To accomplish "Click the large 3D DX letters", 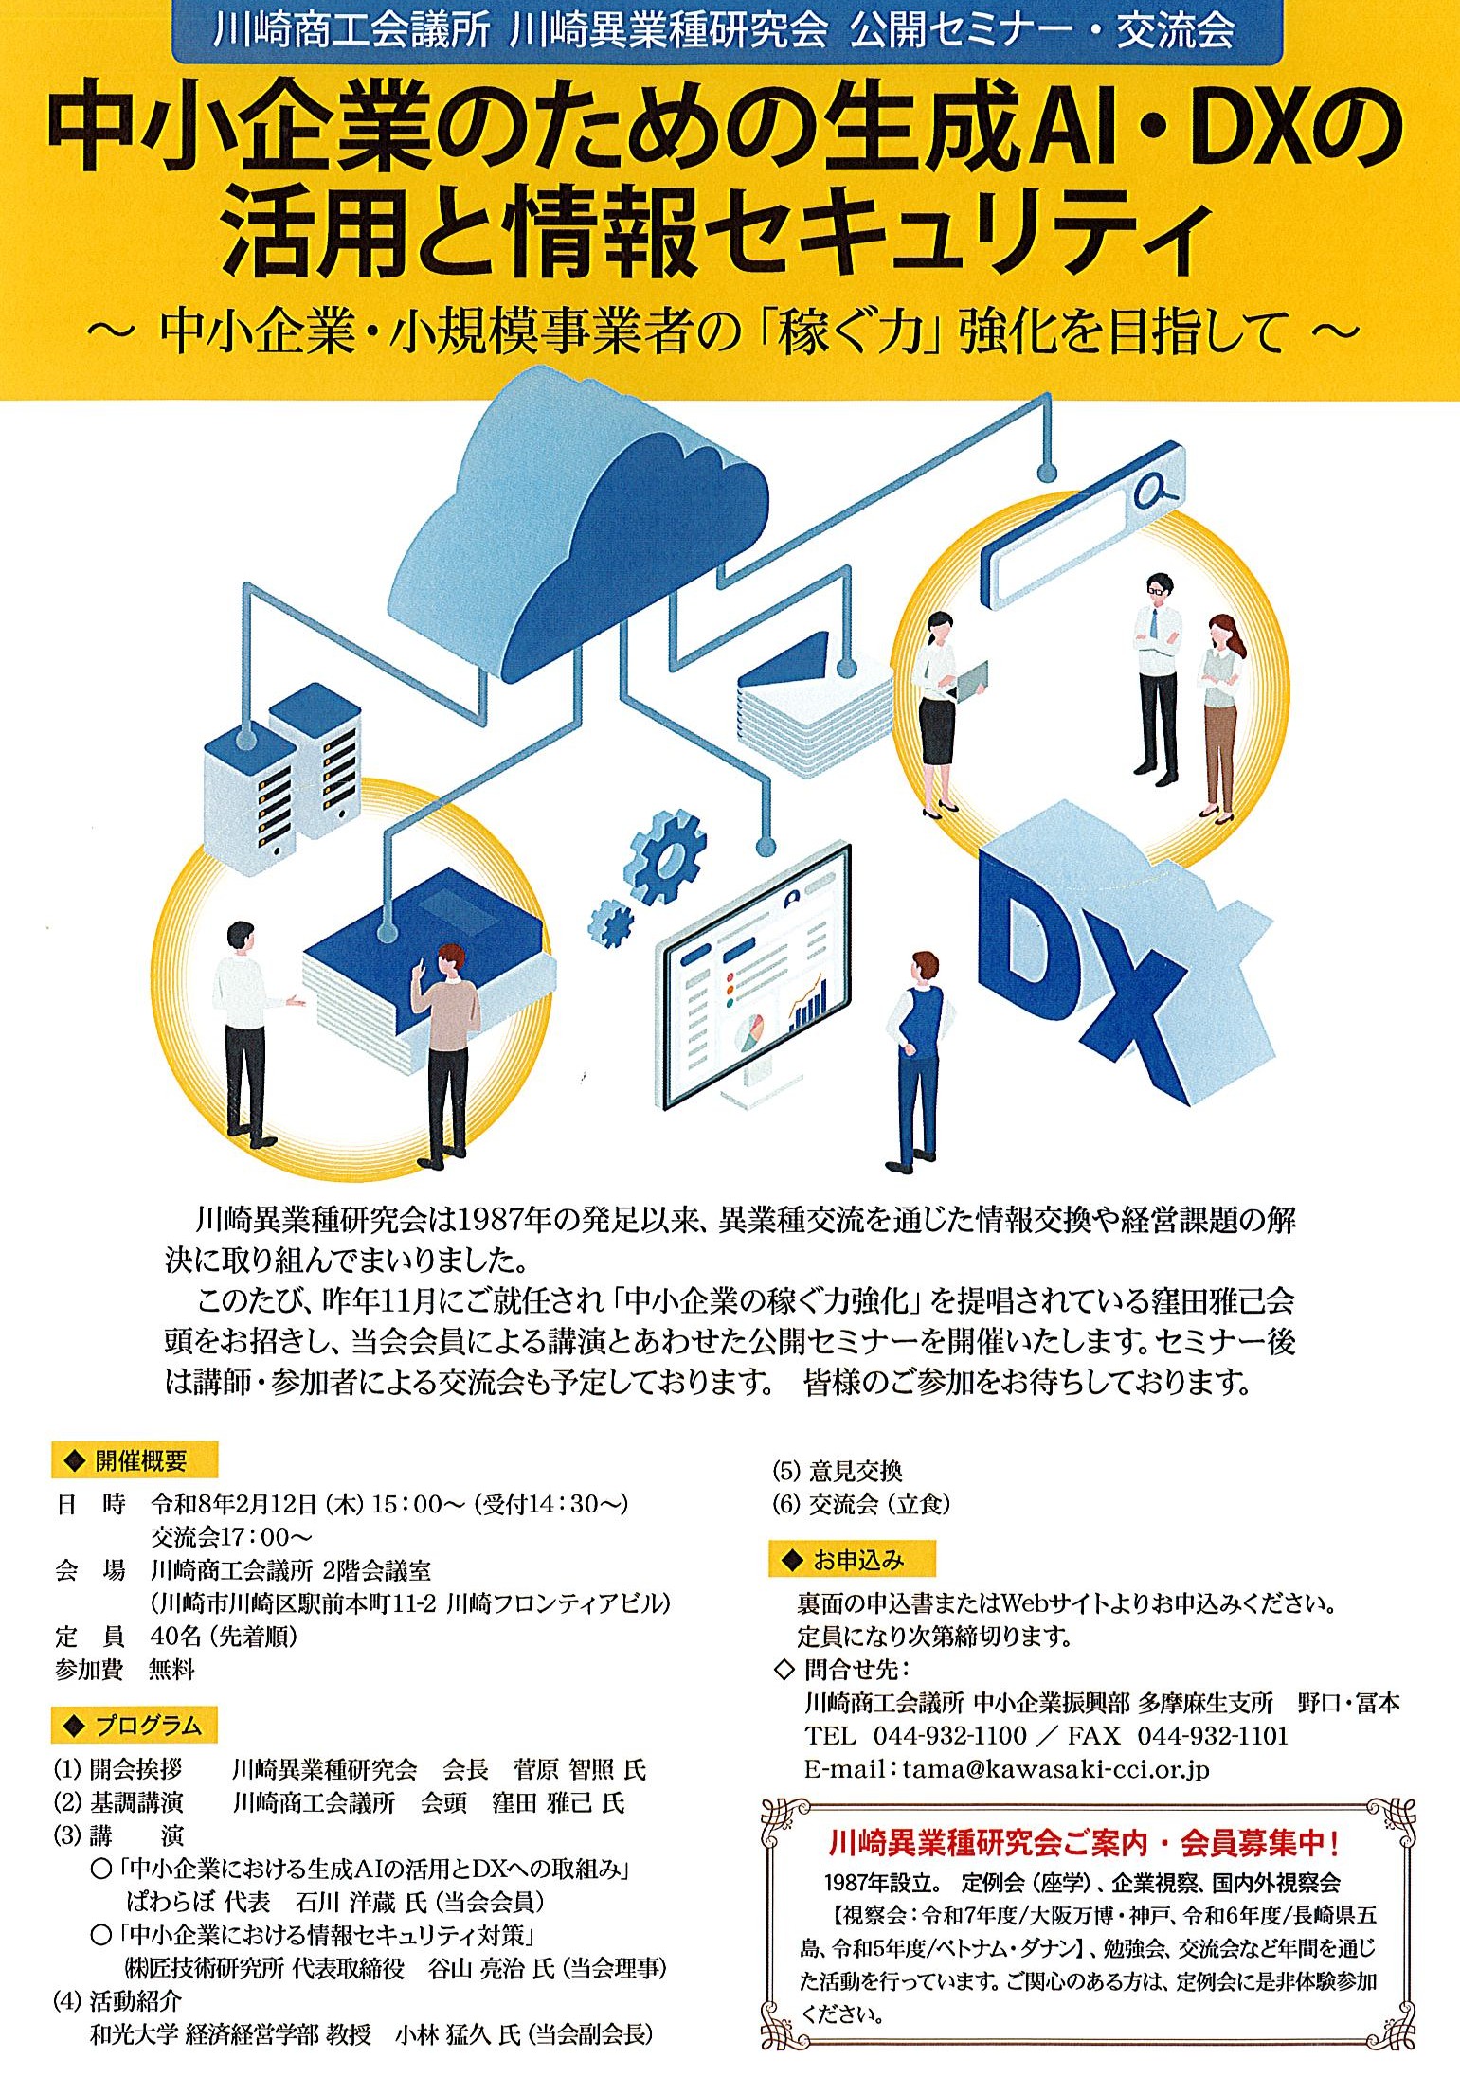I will pos(1118,975).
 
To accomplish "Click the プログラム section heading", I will pos(135,1726).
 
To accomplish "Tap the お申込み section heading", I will pos(852,1560).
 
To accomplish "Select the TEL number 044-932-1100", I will pos(949,1735).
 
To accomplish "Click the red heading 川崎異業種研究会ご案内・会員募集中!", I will pos(1084,1843).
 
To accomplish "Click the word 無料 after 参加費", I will pos(171,1670).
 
